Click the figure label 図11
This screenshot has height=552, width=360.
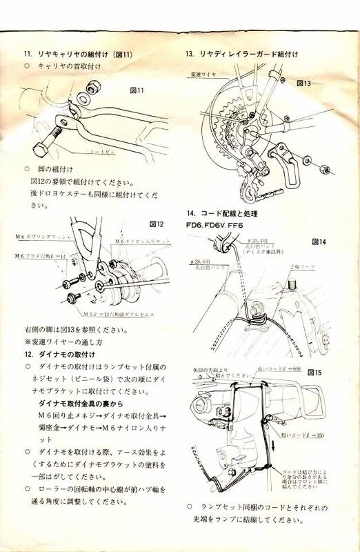click(137, 90)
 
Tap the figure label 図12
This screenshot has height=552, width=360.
click(157, 224)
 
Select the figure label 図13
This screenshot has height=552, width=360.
click(304, 83)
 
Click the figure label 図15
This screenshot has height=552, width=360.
click(316, 372)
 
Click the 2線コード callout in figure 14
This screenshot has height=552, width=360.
click(305, 266)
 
